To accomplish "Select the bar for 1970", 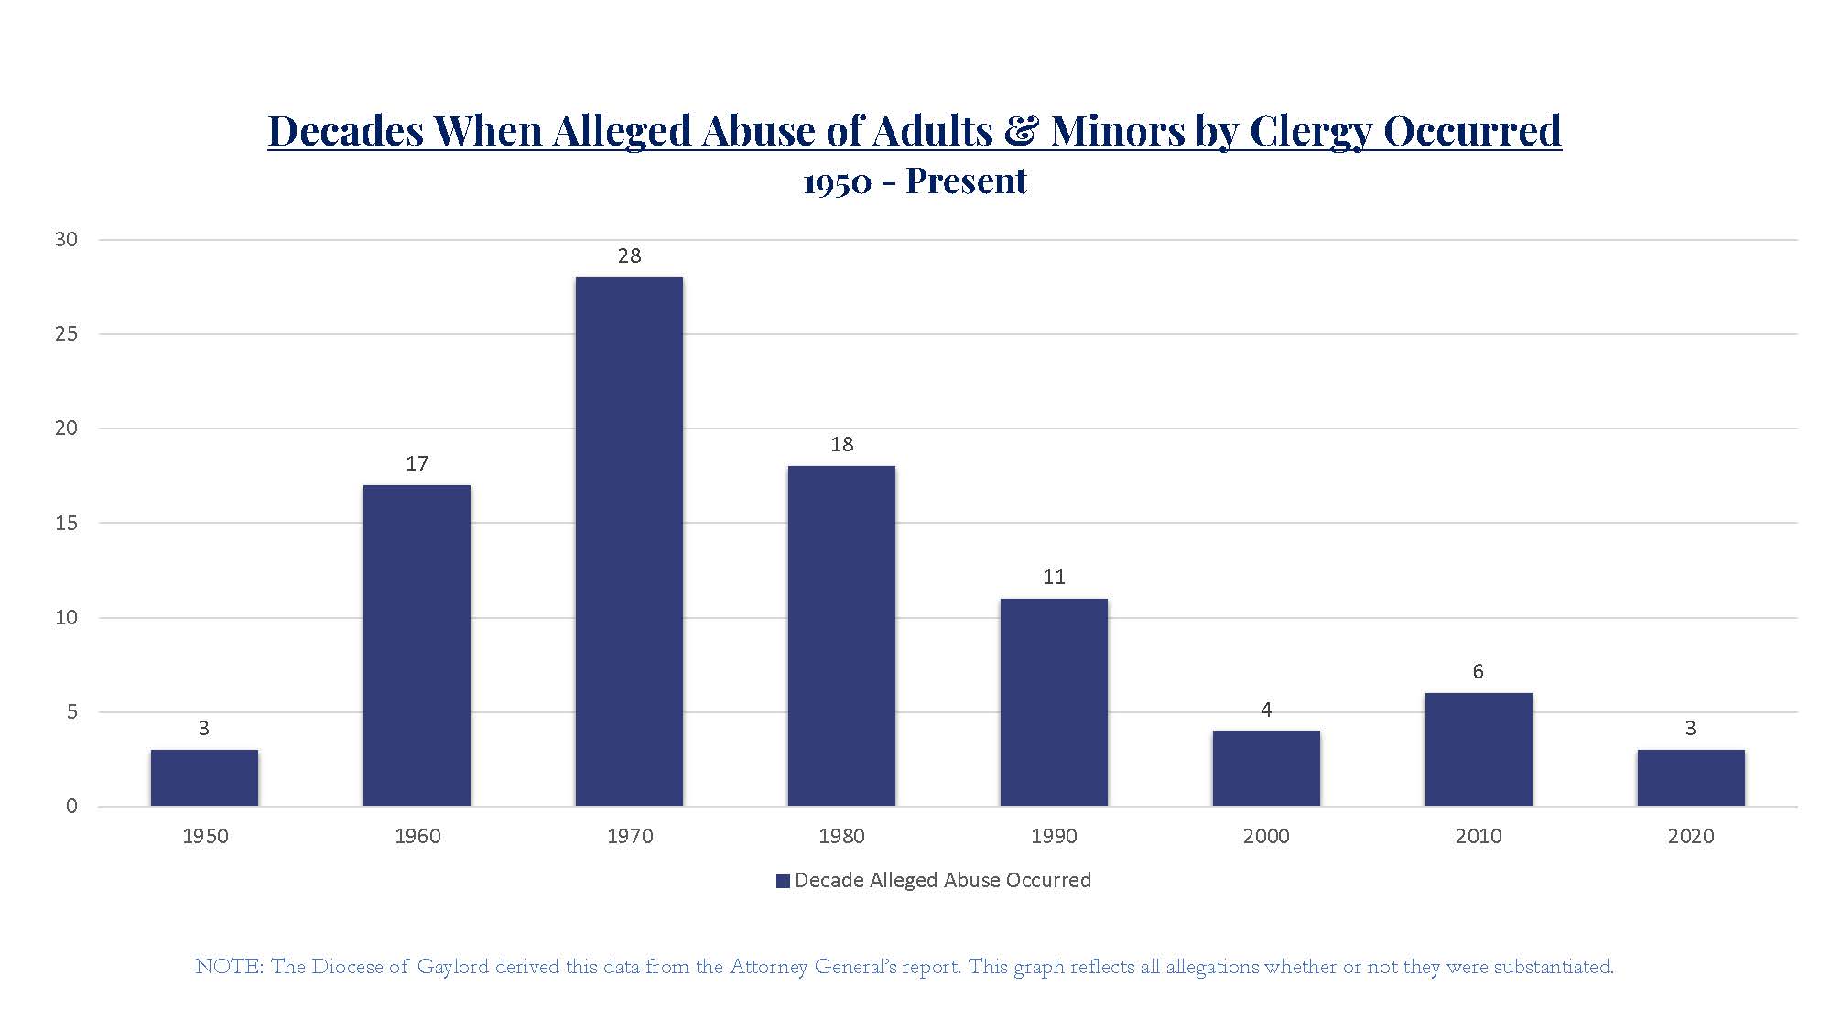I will [x=629, y=540].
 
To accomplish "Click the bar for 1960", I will [x=417, y=645].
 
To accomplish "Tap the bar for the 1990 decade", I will [x=1054, y=702].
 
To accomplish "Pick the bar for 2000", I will [x=1266, y=768].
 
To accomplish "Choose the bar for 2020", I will [x=1691, y=777].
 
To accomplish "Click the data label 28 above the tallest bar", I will [x=629, y=256].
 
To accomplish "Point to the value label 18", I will [x=841, y=445].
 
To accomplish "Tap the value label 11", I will [x=1054, y=578].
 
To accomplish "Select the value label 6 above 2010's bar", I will [x=1478, y=672].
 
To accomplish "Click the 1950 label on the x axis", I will [x=205, y=836].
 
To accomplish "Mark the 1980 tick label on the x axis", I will [x=841, y=836].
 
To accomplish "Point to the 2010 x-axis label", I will [x=1479, y=836].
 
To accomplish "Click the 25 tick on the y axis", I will [x=66, y=334].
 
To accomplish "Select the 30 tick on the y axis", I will [x=66, y=240].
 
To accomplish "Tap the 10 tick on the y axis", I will [x=66, y=618].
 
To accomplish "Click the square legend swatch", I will [x=783, y=881].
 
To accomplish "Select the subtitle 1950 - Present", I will [x=915, y=181].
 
